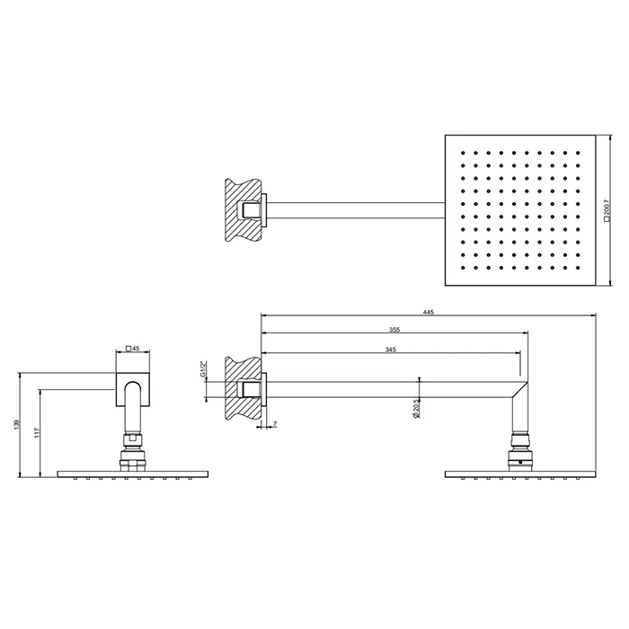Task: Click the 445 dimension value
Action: [428, 312]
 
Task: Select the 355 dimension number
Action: [394, 330]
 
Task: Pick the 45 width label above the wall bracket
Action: [134, 347]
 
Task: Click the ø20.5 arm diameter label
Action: [416, 408]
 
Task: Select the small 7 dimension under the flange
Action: [274, 422]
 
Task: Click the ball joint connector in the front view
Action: [134, 448]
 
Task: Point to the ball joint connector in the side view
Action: [521, 448]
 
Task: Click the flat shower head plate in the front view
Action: [134, 473]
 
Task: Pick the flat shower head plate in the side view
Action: [521, 473]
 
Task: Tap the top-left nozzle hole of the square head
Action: [461, 154]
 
